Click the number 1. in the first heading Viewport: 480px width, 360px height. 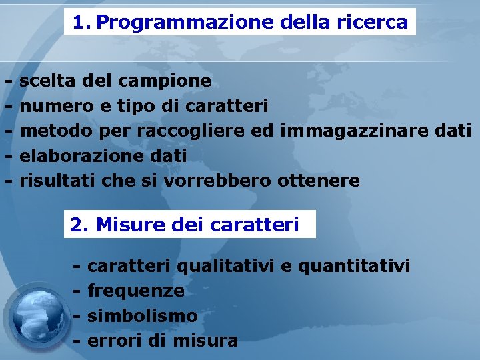point(81,23)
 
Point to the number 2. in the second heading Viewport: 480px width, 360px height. point(79,225)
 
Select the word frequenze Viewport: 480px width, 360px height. point(135,291)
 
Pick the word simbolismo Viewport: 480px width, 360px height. point(142,315)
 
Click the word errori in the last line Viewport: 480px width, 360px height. point(114,341)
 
